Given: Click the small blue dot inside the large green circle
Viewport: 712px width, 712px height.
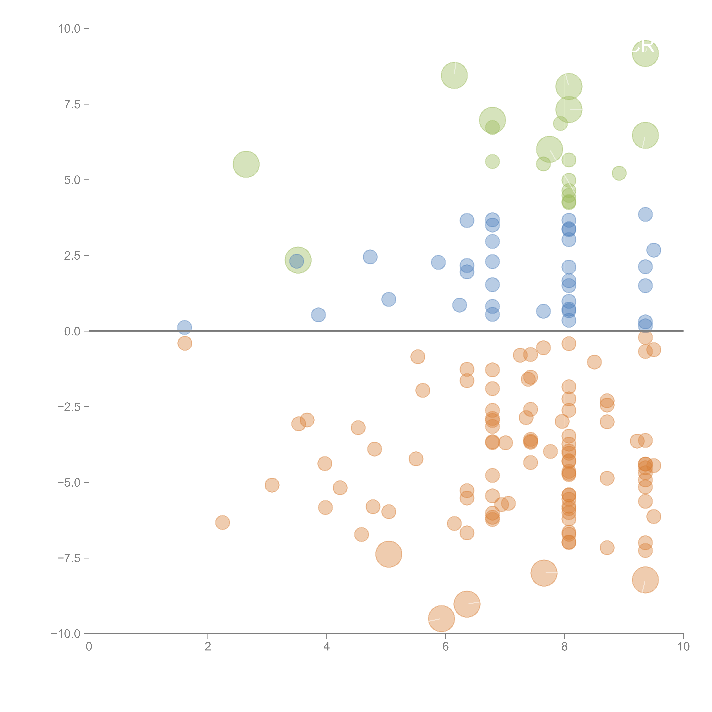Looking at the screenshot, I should (x=297, y=261).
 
